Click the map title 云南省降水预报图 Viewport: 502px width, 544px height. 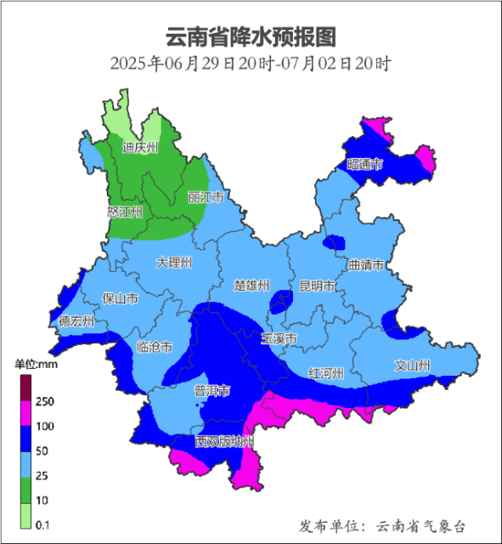[x=251, y=37]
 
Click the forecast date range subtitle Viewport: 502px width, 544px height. [x=251, y=64]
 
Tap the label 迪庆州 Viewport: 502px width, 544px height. [x=140, y=148]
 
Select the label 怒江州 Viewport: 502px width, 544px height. [x=125, y=212]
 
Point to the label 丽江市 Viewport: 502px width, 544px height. [x=206, y=197]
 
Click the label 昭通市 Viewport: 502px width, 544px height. [x=365, y=164]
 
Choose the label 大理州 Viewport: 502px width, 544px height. [x=174, y=263]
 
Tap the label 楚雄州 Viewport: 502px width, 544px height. [x=251, y=285]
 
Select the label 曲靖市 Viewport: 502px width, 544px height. [x=367, y=265]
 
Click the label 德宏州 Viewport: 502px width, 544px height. [x=76, y=321]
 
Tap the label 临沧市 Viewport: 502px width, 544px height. [x=155, y=347]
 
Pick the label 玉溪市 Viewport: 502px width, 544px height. [x=279, y=338]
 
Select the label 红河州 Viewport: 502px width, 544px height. [x=326, y=373]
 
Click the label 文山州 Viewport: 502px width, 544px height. [x=413, y=365]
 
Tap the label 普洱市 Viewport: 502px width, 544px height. [x=212, y=391]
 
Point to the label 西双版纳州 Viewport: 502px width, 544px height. [x=224, y=442]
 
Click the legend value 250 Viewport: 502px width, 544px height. [x=45, y=401]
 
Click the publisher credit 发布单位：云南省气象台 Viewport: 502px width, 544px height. [x=382, y=526]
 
